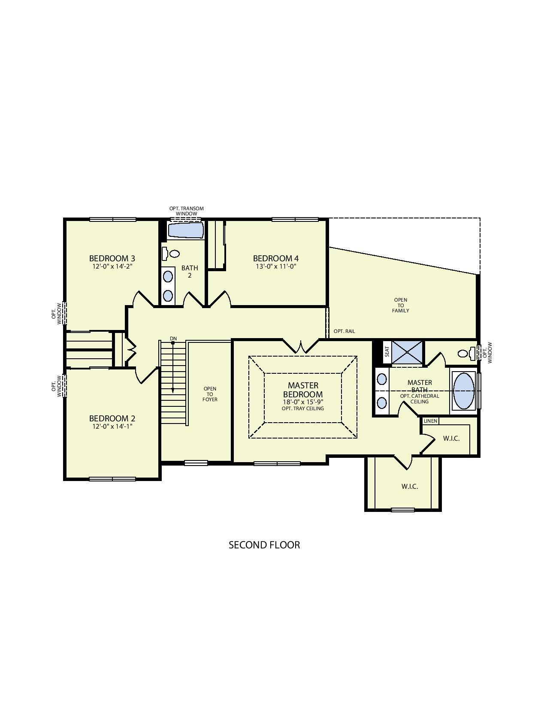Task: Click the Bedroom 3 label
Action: [112, 258]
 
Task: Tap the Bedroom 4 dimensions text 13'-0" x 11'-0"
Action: [275, 266]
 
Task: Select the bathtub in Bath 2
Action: [185, 230]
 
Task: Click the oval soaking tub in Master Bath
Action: [464, 390]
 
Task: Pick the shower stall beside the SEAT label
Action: [407, 352]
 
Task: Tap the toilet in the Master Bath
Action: [465, 354]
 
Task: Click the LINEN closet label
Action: [430, 421]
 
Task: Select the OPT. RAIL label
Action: [344, 331]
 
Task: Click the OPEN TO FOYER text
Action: [210, 394]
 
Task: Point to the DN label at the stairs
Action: [173, 339]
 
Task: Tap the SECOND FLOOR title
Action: [264, 545]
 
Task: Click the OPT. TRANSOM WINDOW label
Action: [186, 211]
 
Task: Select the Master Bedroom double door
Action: [301, 346]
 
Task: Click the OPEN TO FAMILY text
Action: [400, 305]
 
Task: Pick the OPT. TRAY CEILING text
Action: [302, 408]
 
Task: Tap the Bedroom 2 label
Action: [112, 418]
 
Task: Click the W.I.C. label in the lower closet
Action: [409, 486]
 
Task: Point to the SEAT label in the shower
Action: [387, 352]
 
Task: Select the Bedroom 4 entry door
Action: [220, 300]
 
